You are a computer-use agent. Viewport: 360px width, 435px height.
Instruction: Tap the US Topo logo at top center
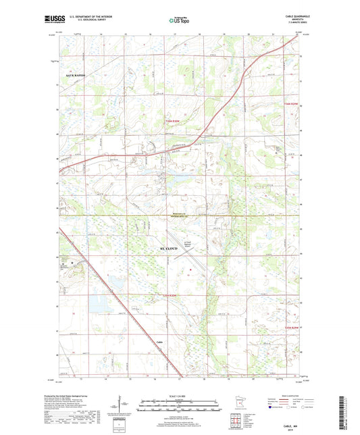click(x=179, y=21)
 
